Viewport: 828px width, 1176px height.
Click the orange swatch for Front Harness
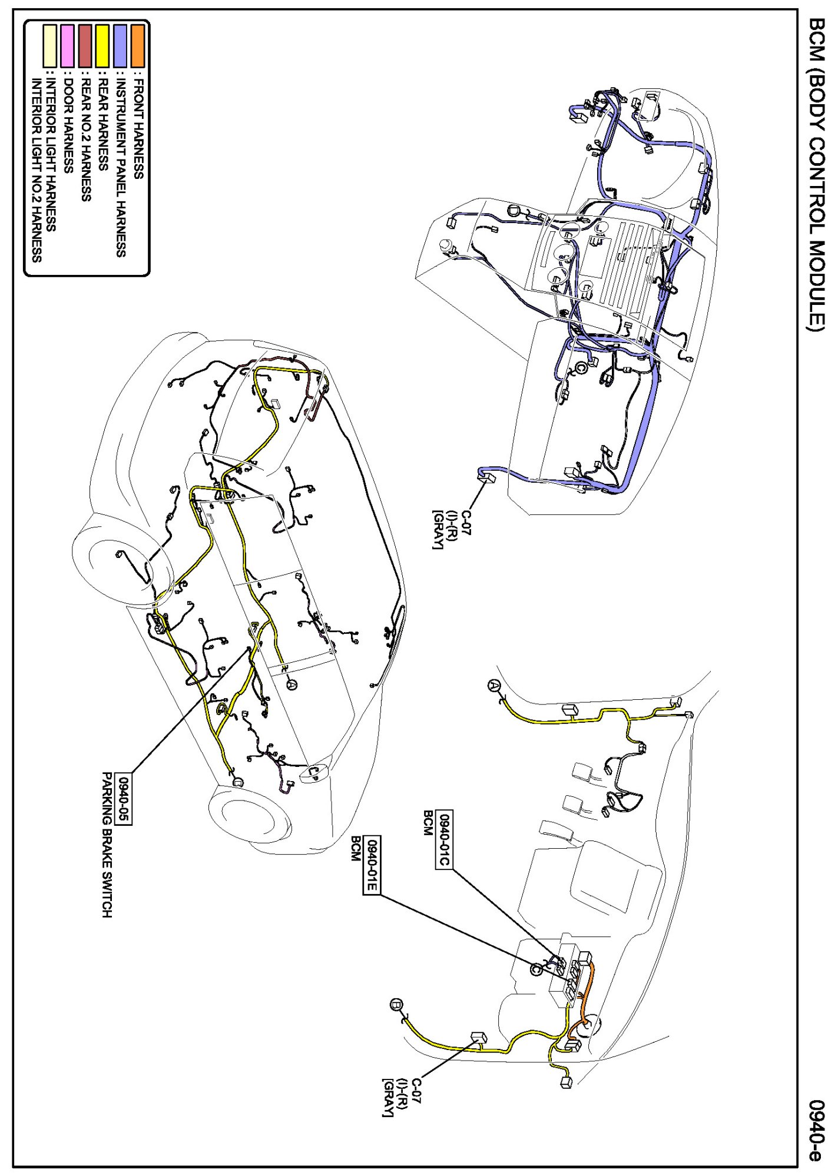pos(138,45)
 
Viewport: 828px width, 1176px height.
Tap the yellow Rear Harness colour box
pos(103,45)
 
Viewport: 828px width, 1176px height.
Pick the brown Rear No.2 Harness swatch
pos(86,45)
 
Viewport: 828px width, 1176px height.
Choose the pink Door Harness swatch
pos(68,45)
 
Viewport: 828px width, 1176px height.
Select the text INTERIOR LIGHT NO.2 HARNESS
pos(37,171)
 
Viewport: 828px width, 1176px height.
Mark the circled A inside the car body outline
pos(292,684)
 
